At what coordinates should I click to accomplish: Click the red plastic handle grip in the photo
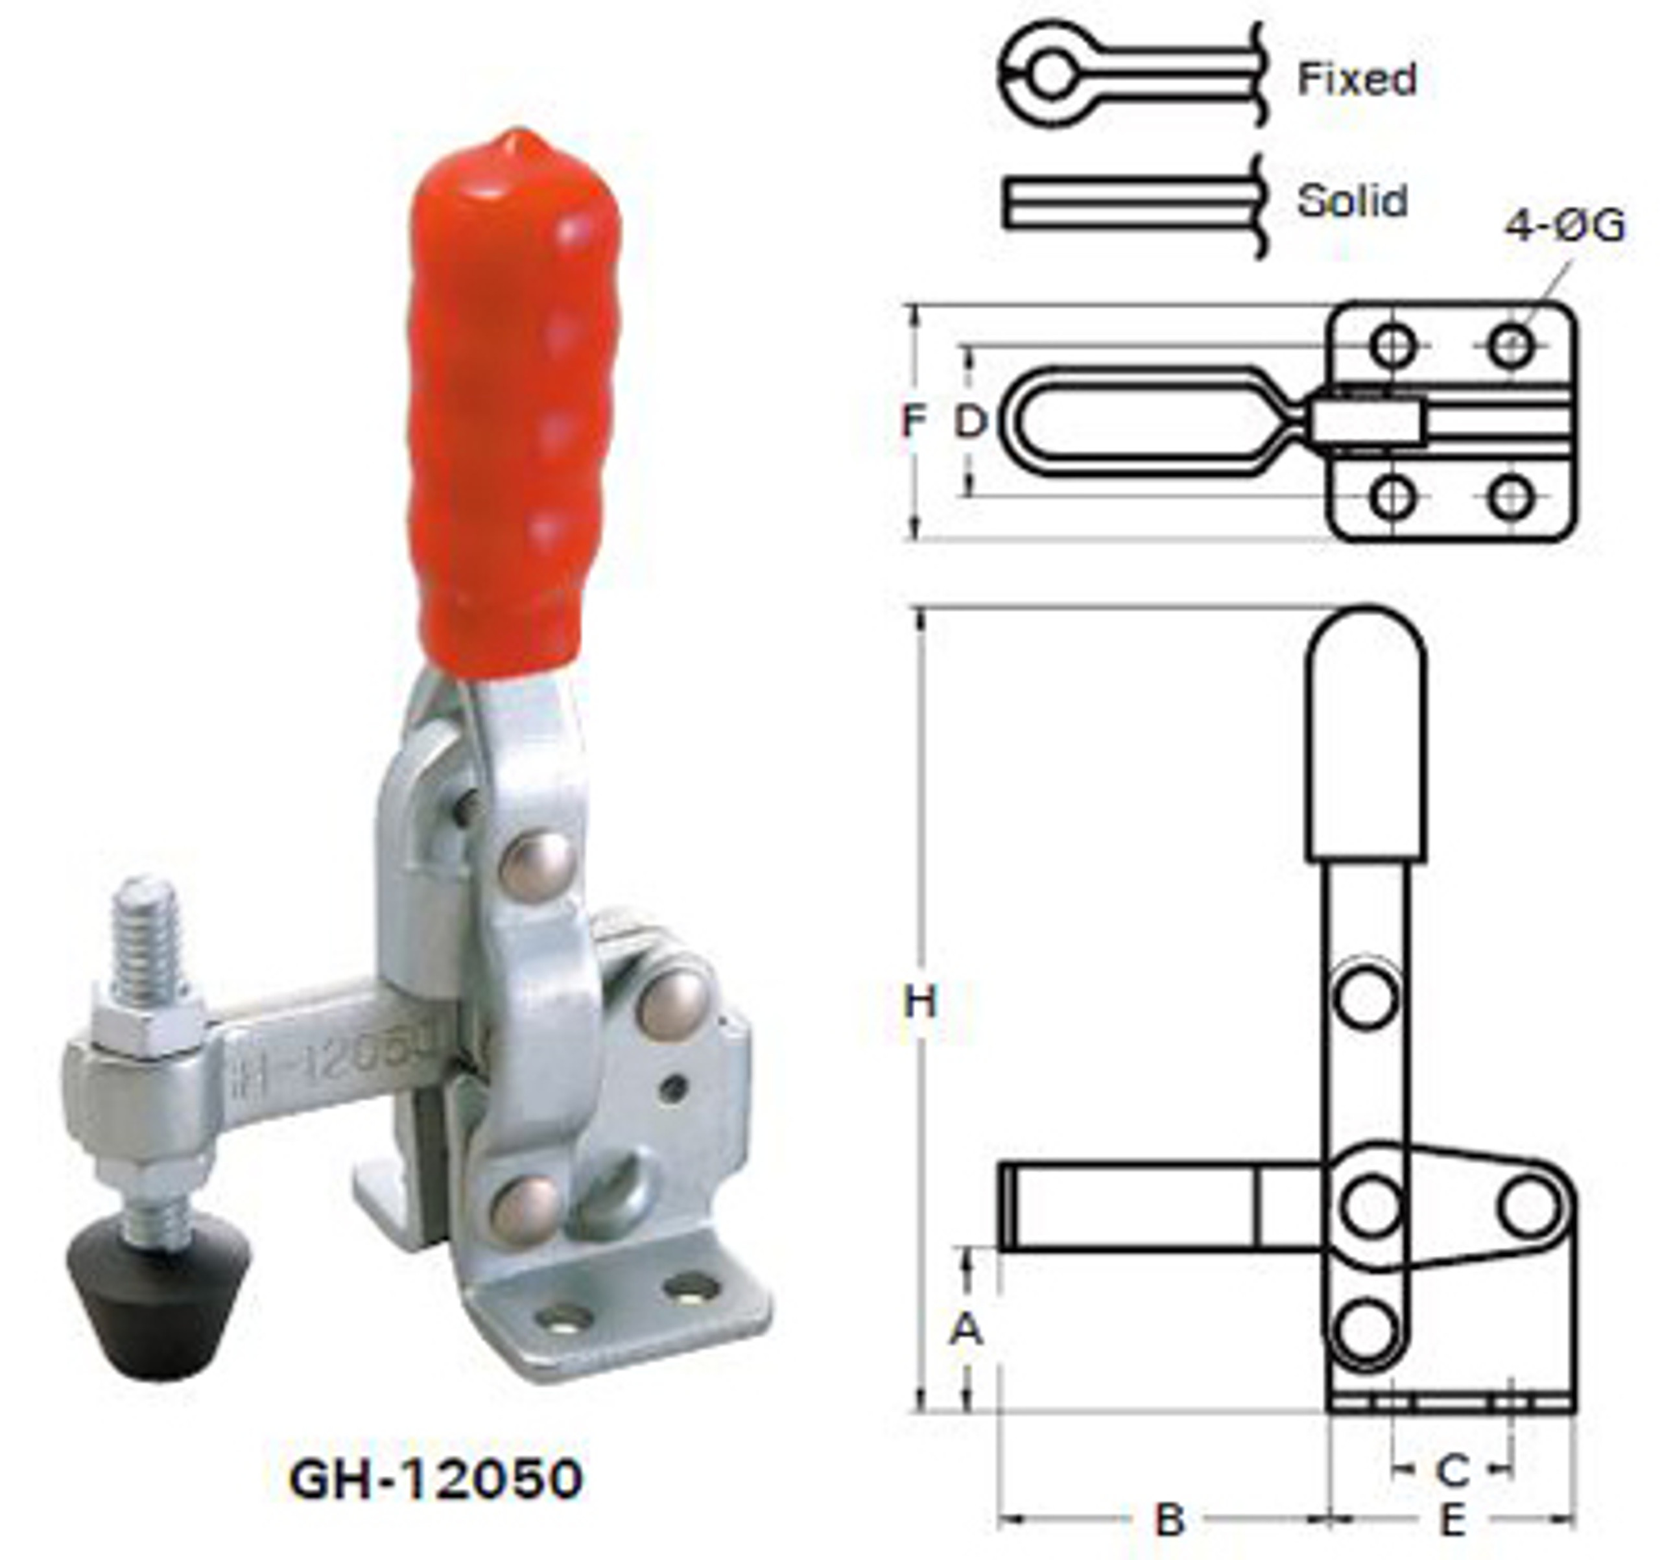click(514, 401)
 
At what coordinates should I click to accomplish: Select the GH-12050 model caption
click(435, 1479)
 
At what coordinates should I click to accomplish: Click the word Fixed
click(1356, 79)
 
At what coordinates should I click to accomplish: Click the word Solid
click(1352, 201)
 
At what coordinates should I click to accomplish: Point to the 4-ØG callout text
click(1565, 226)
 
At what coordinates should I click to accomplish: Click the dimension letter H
click(920, 1002)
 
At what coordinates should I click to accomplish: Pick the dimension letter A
click(966, 1329)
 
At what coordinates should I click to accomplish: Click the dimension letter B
click(1169, 1520)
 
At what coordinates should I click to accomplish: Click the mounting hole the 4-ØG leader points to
click(1512, 345)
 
